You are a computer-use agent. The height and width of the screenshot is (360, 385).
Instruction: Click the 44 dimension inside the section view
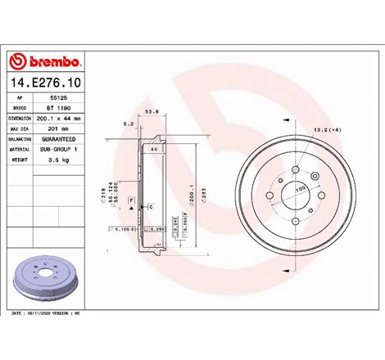point(152,151)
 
